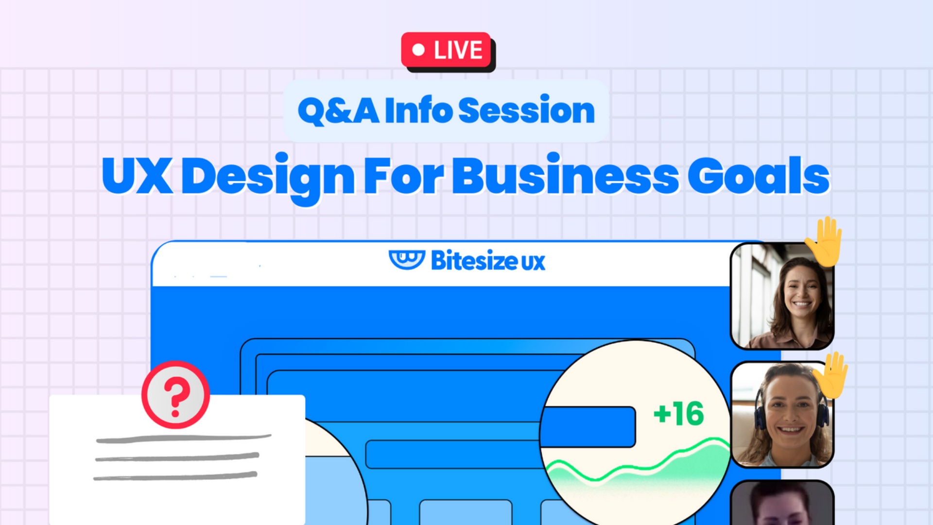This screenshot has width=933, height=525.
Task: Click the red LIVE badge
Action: [x=446, y=50]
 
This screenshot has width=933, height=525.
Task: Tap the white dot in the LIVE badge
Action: [x=418, y=50]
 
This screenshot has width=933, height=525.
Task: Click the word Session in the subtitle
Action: [x=526, y=110]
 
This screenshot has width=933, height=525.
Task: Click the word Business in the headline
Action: [x=565, y=175]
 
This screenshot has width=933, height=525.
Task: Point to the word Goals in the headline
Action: [x=759, y=175]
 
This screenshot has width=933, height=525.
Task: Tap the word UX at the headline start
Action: [x=138, y=175]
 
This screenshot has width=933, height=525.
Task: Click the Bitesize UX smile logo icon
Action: [x=407, y=260]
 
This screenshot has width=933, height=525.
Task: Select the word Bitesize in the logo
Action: [x=474, y=261]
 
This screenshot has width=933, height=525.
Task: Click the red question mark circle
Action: [x=175, y=395]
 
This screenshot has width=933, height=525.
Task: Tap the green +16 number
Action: [x=679, y=414]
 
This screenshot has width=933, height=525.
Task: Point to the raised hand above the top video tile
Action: [x=824, y=242]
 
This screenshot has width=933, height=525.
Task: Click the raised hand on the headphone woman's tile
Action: [x=831, y=375]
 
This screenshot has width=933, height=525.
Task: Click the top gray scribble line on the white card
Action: [x=184, y=439]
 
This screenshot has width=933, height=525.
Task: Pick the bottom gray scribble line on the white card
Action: [x=175, y=476]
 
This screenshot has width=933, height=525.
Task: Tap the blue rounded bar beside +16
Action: [x=588, y=427]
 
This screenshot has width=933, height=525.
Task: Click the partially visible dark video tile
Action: [x=782, y=503]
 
